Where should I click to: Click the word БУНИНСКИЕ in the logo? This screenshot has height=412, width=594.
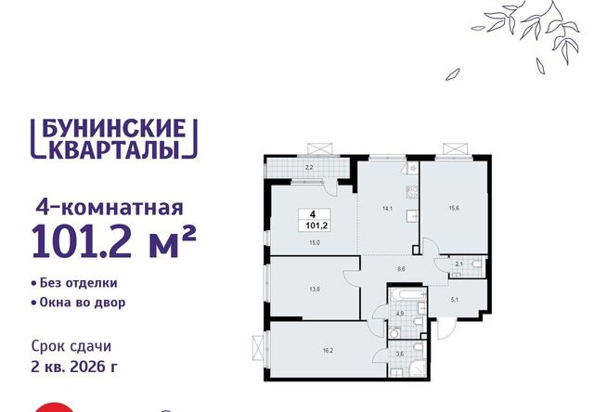click(113, 128)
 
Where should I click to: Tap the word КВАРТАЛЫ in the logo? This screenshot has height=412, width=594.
click(113, 149)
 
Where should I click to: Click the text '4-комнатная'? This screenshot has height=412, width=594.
click(110, 208)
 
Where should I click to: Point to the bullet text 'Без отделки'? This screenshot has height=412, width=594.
click(78, 283)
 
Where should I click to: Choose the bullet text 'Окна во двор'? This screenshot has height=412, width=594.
click(83, 303)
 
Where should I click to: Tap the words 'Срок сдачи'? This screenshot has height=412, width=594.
click(71, 346)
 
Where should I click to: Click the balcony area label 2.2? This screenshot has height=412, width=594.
click(309, 167)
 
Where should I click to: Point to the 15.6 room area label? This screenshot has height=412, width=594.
click(454, 208)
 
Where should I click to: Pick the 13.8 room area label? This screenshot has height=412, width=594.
click(315, 290)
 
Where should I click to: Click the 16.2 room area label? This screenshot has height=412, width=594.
click(328, 351)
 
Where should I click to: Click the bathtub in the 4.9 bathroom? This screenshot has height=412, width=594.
click(407, 294)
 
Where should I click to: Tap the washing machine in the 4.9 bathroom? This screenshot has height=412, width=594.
click(394, 333)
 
